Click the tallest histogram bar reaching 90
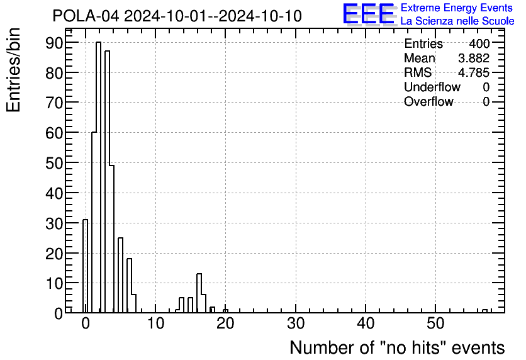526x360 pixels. [98, 176]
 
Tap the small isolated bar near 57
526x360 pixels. [484, 310]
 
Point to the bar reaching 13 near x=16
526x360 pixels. [199, 293]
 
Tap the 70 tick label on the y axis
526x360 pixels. [54, 102]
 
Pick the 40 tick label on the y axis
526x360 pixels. [54, 193]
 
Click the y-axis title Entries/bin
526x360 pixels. [14, 70]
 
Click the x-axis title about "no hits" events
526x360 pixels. [397, 347]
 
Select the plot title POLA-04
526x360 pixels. [177, 16]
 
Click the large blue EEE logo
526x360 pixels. [368, 14]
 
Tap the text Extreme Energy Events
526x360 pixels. [456, 8]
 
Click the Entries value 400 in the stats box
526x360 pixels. [479, 44]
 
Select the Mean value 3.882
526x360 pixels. [474, 59]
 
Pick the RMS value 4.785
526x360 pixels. [474, 72]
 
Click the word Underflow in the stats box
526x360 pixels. [432, 87]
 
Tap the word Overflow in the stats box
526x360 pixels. [428, 101]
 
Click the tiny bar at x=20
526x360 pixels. [225, 310]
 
